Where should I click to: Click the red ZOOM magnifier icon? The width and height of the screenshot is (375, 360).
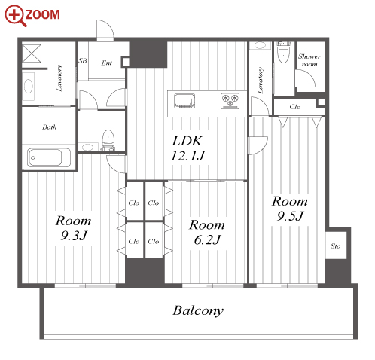click(x=15, y=15)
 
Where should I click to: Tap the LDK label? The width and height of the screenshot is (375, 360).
click(x=187, y=141)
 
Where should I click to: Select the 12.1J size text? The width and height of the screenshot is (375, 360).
click(x=187, y=156)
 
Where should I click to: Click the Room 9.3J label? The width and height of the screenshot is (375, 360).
click(x=73, y=228)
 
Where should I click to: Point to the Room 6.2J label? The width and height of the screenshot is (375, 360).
click(x=207, y=232)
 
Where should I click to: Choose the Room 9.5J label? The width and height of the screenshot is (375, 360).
click(x=290, y=209)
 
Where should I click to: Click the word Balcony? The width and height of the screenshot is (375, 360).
click(x=198, y=311)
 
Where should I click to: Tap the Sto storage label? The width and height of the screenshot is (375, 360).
click(x=336, y=246)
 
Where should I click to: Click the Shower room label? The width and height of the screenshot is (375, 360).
click(x=309, y=60)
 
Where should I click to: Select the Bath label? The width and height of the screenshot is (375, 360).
click(x=50, y=127)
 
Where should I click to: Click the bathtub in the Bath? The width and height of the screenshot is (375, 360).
click(x=49, y=157)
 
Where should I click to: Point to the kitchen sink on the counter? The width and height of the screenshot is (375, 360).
click(x=184, y=101)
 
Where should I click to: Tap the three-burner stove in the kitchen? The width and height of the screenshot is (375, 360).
click(x=230, y=101)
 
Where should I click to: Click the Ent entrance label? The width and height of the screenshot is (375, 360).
click(x=107, y=63)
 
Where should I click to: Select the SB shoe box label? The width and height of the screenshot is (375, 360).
click(x=83, y=61)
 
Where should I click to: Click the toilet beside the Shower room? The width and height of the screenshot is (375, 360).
click(x=284, y=53)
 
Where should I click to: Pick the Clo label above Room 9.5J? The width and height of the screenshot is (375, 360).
click(x=294, y=107)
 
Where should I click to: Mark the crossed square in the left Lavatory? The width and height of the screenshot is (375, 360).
click(x=32, y=53)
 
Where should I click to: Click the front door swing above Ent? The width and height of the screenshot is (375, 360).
click(x=105, y=30)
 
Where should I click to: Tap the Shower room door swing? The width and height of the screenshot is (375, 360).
click(x=306, y=78)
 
